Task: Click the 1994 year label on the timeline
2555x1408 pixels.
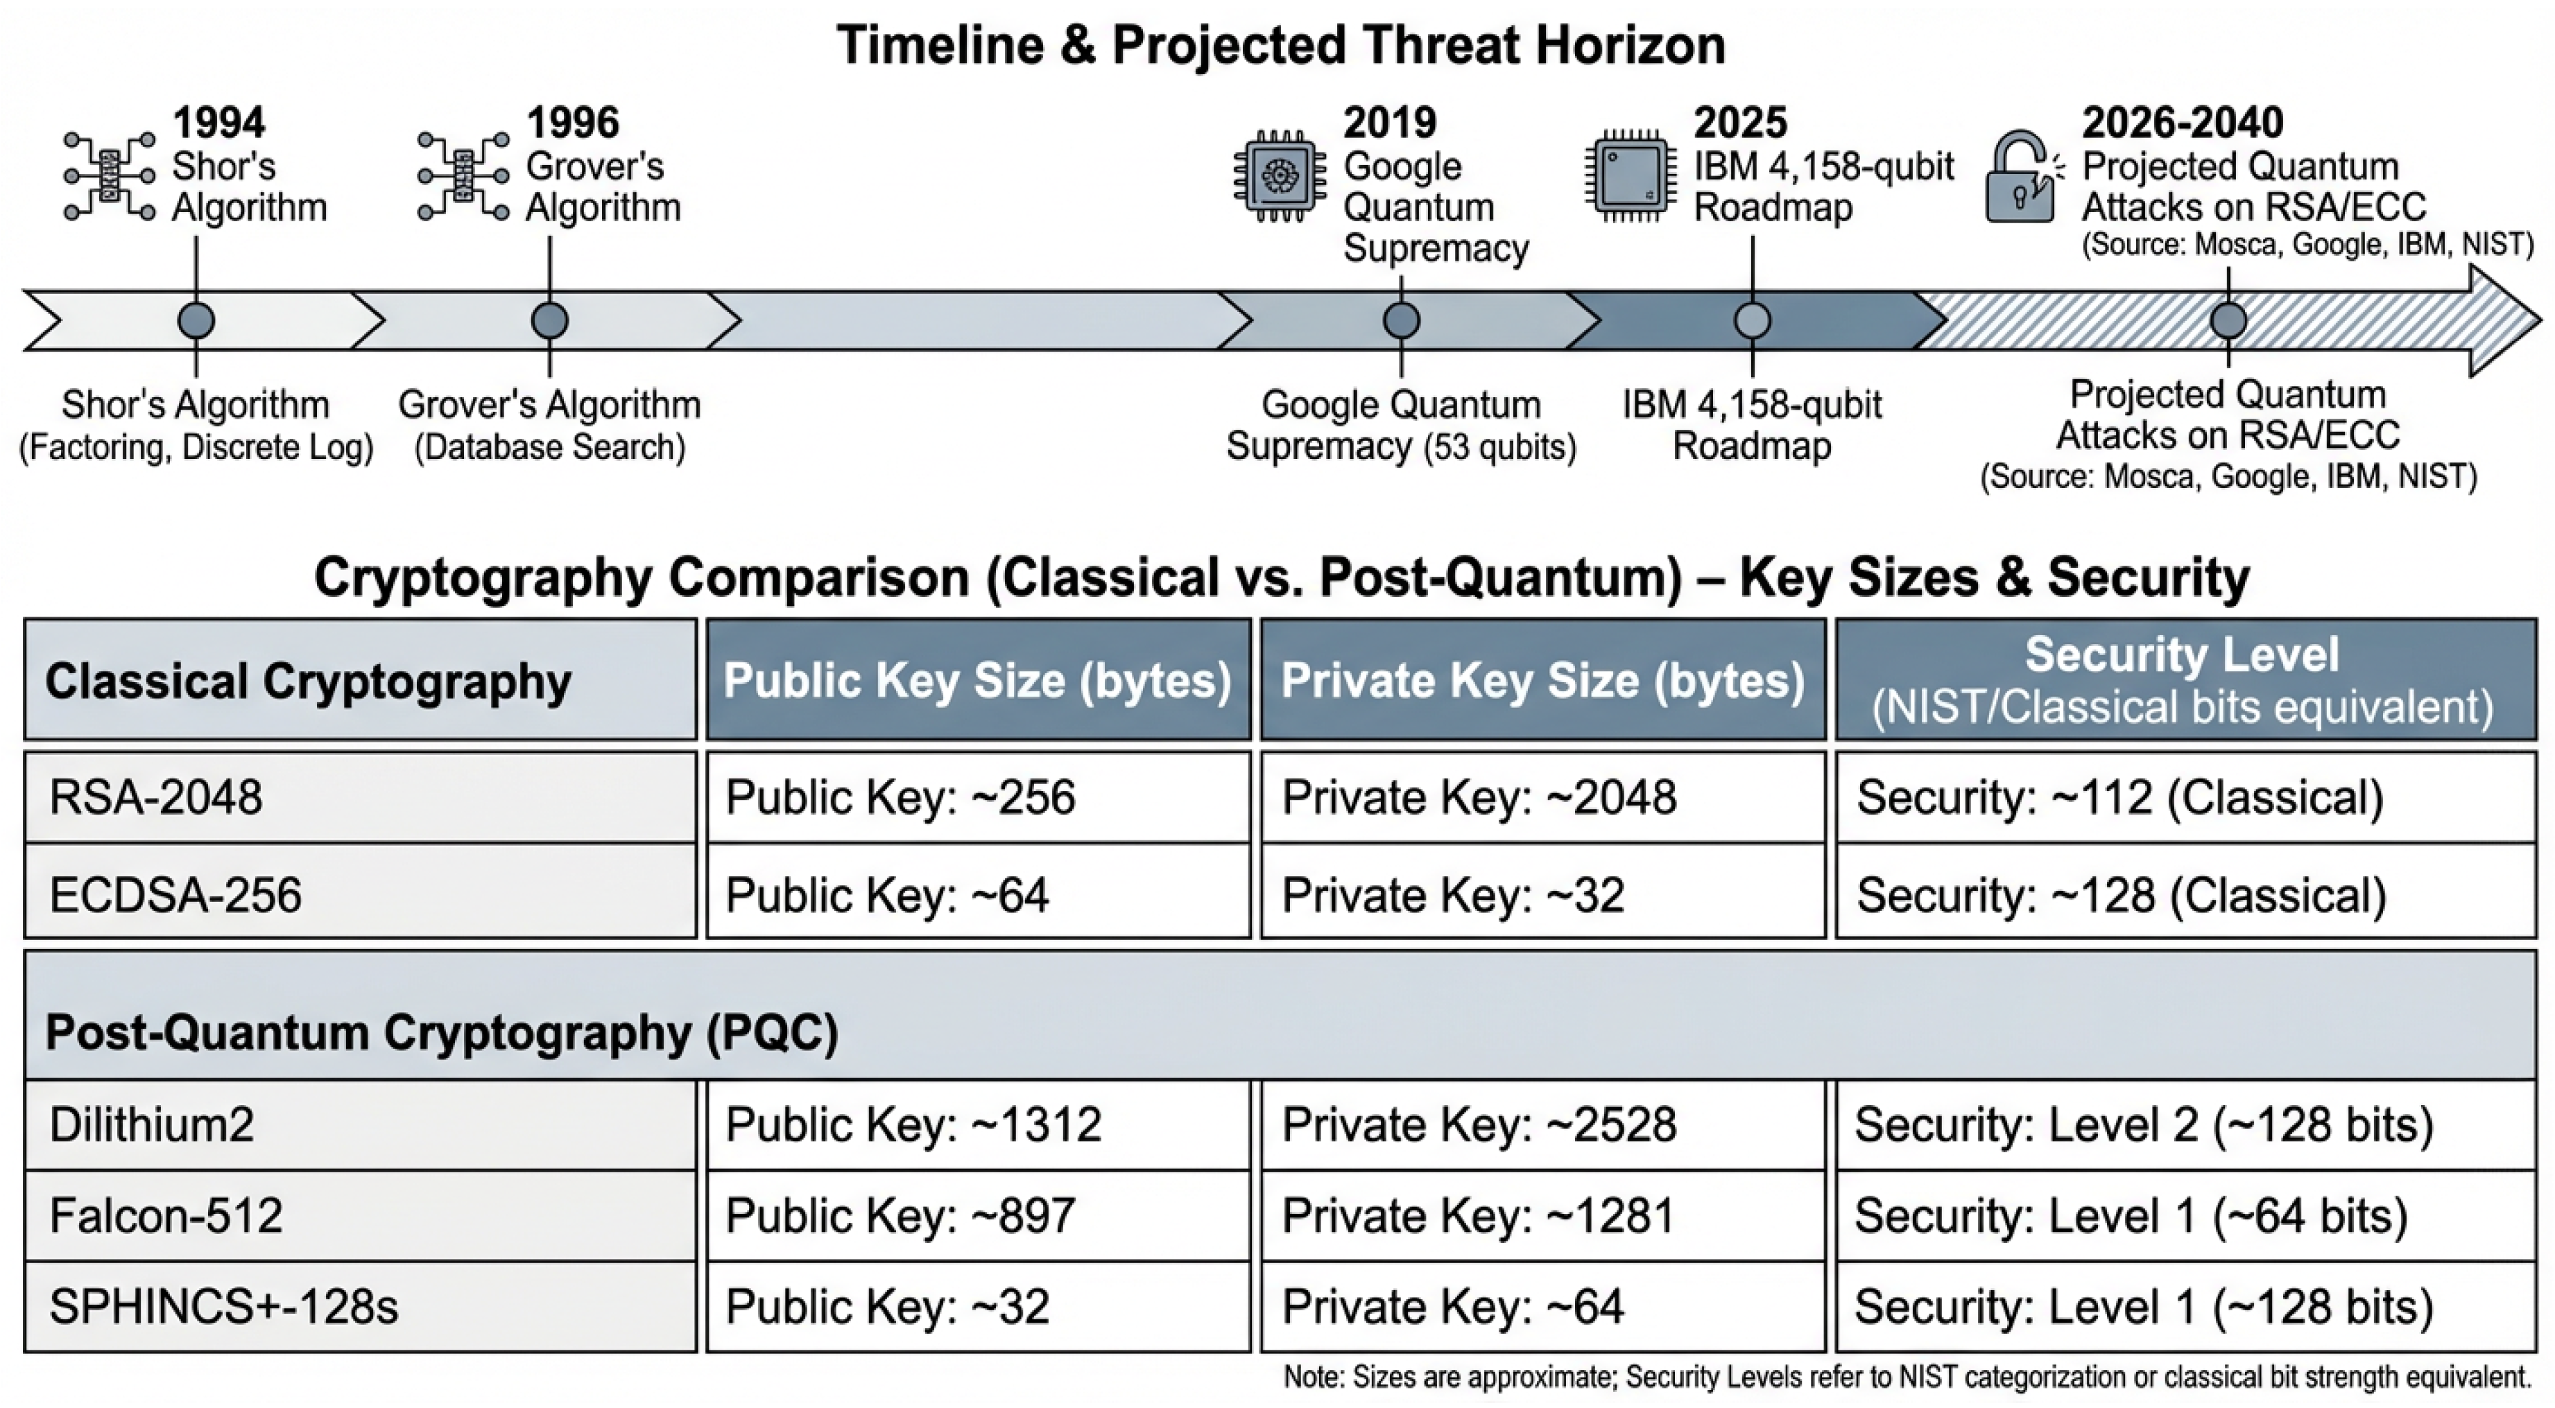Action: click(x=218, y=123)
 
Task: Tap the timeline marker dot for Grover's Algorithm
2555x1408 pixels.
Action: click(x=549, y=321)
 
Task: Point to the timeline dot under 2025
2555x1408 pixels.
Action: click(x=1752, y=321)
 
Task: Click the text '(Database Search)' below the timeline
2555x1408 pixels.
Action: click(x=549, y=447)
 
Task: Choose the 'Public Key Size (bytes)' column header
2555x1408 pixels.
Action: click(x=977, y=680)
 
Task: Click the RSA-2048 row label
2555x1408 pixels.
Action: click(x=156, y=797)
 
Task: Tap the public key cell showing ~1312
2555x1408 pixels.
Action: click(x=977, y=1124)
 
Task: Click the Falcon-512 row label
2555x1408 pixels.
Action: click(x=166, y=1216)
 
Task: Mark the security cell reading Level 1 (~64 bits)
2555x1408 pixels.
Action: click(x=2185, y=1216)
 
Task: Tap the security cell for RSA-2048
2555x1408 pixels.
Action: click(x=2185, y=797)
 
